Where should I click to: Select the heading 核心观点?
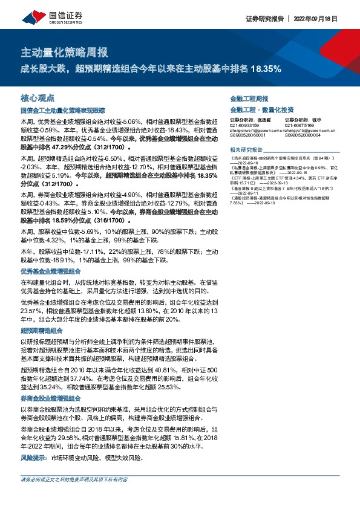(x=38, y=97)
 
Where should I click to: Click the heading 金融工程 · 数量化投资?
(x=262, y=109)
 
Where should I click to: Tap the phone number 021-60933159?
(x=244, y=125)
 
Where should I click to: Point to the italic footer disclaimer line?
(x=74, y=479)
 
